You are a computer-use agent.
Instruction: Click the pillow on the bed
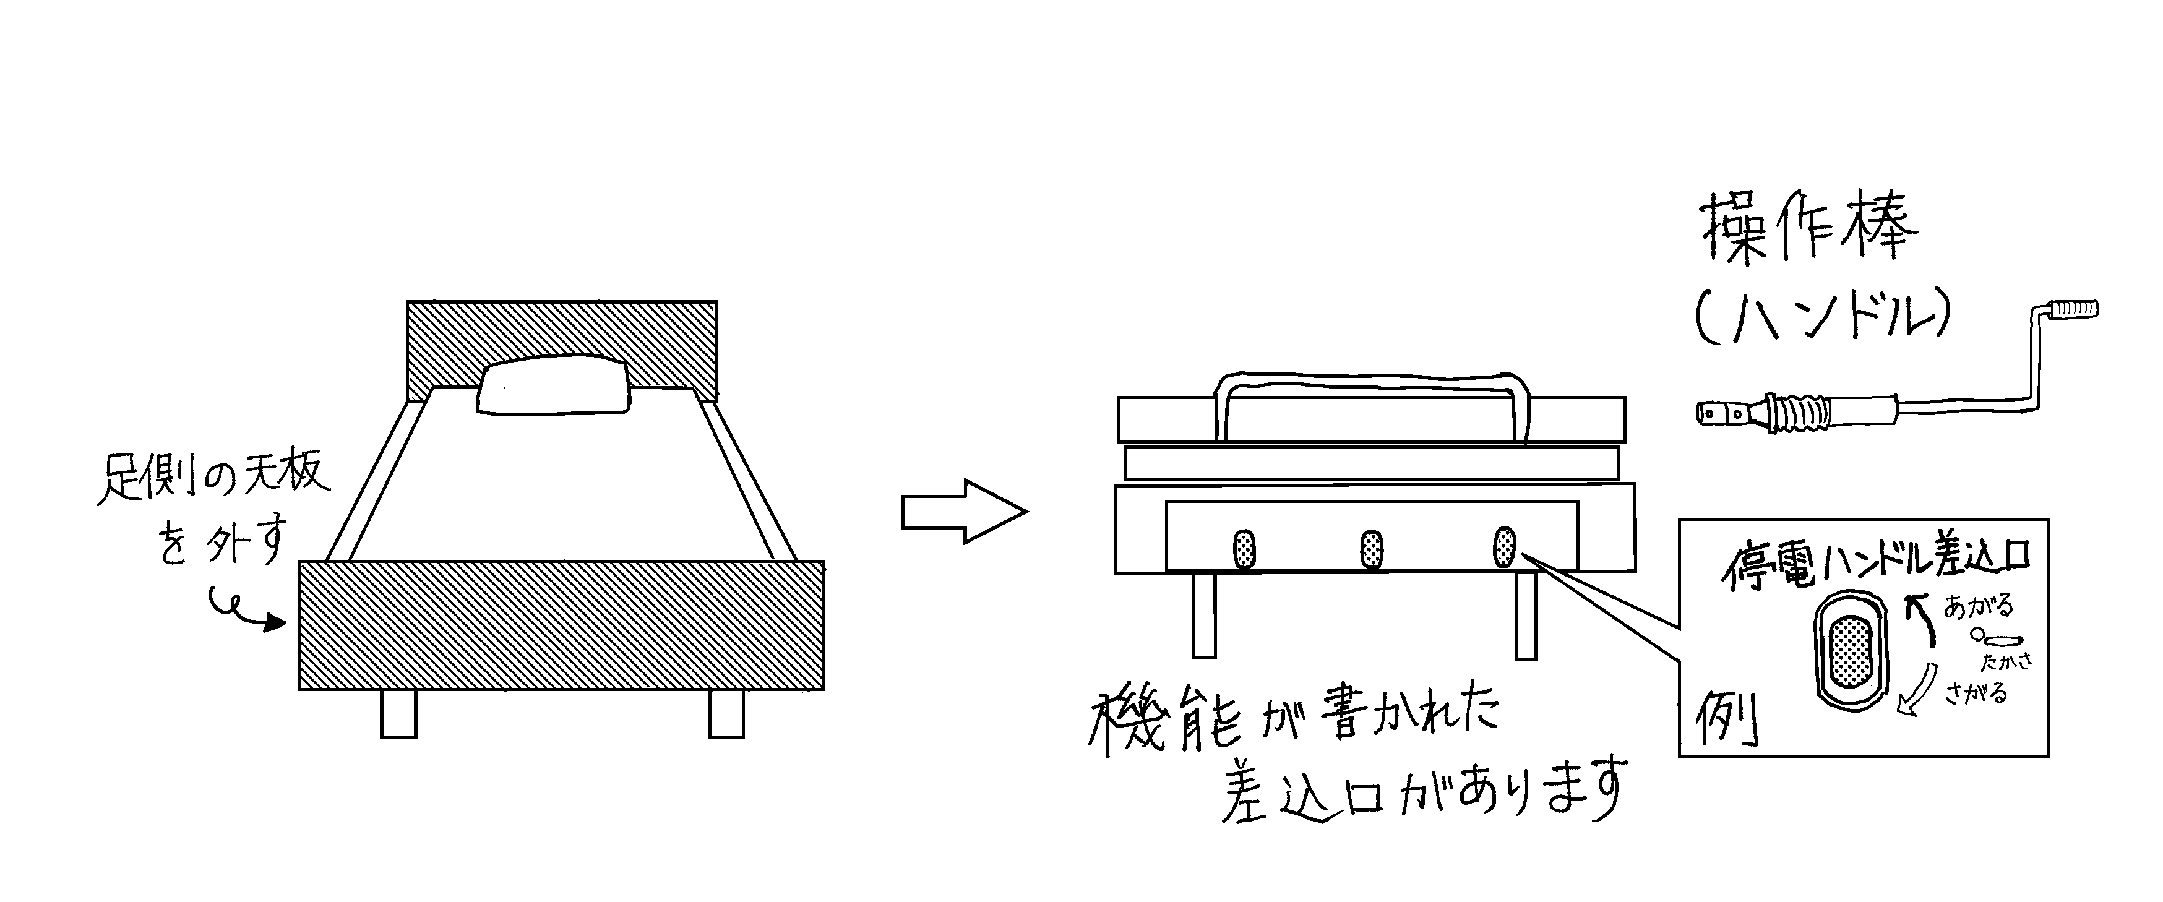554,386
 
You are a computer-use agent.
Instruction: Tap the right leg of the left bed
726,713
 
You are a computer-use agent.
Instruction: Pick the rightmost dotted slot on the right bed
1505,547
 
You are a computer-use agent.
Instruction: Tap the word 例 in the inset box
1728,721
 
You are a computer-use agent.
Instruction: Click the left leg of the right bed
1204,616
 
